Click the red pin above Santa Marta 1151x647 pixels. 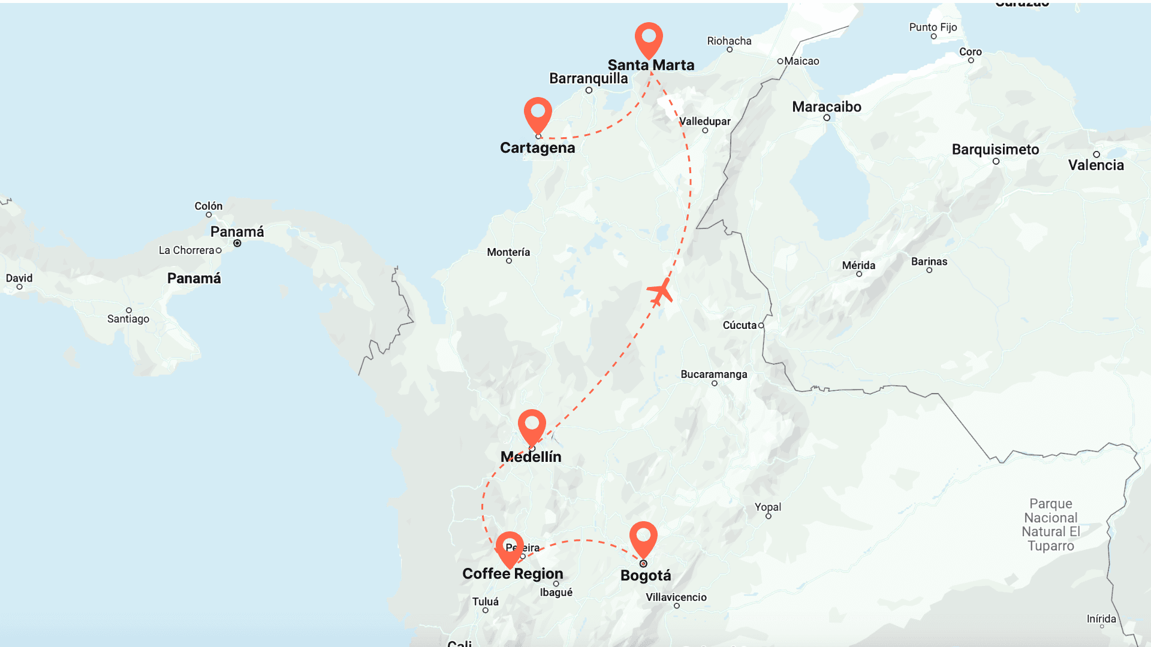[649, 38]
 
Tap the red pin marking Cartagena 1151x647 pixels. [538, 113]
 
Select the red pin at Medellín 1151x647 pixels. [532, 424]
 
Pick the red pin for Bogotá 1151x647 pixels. [643, 536]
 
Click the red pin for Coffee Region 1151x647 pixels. [510, 546]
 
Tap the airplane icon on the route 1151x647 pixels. [660, 292]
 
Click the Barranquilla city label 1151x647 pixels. [588, 78]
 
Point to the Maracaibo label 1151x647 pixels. [826, 107]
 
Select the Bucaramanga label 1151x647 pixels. [713, 374]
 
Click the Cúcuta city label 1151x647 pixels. [739, 325]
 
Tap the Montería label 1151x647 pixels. [508, 252]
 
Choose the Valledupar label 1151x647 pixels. [704, 122]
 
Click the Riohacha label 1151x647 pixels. [729, 41]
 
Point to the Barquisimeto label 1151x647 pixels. [995, 150]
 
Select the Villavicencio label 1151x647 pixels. [676, 597]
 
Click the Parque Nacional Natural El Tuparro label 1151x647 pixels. [1050, 525]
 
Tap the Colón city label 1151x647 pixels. [208, 206]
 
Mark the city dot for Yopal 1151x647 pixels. [768, 516]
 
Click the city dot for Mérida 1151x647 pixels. [859, 274]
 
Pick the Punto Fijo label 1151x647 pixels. [933, 27]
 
